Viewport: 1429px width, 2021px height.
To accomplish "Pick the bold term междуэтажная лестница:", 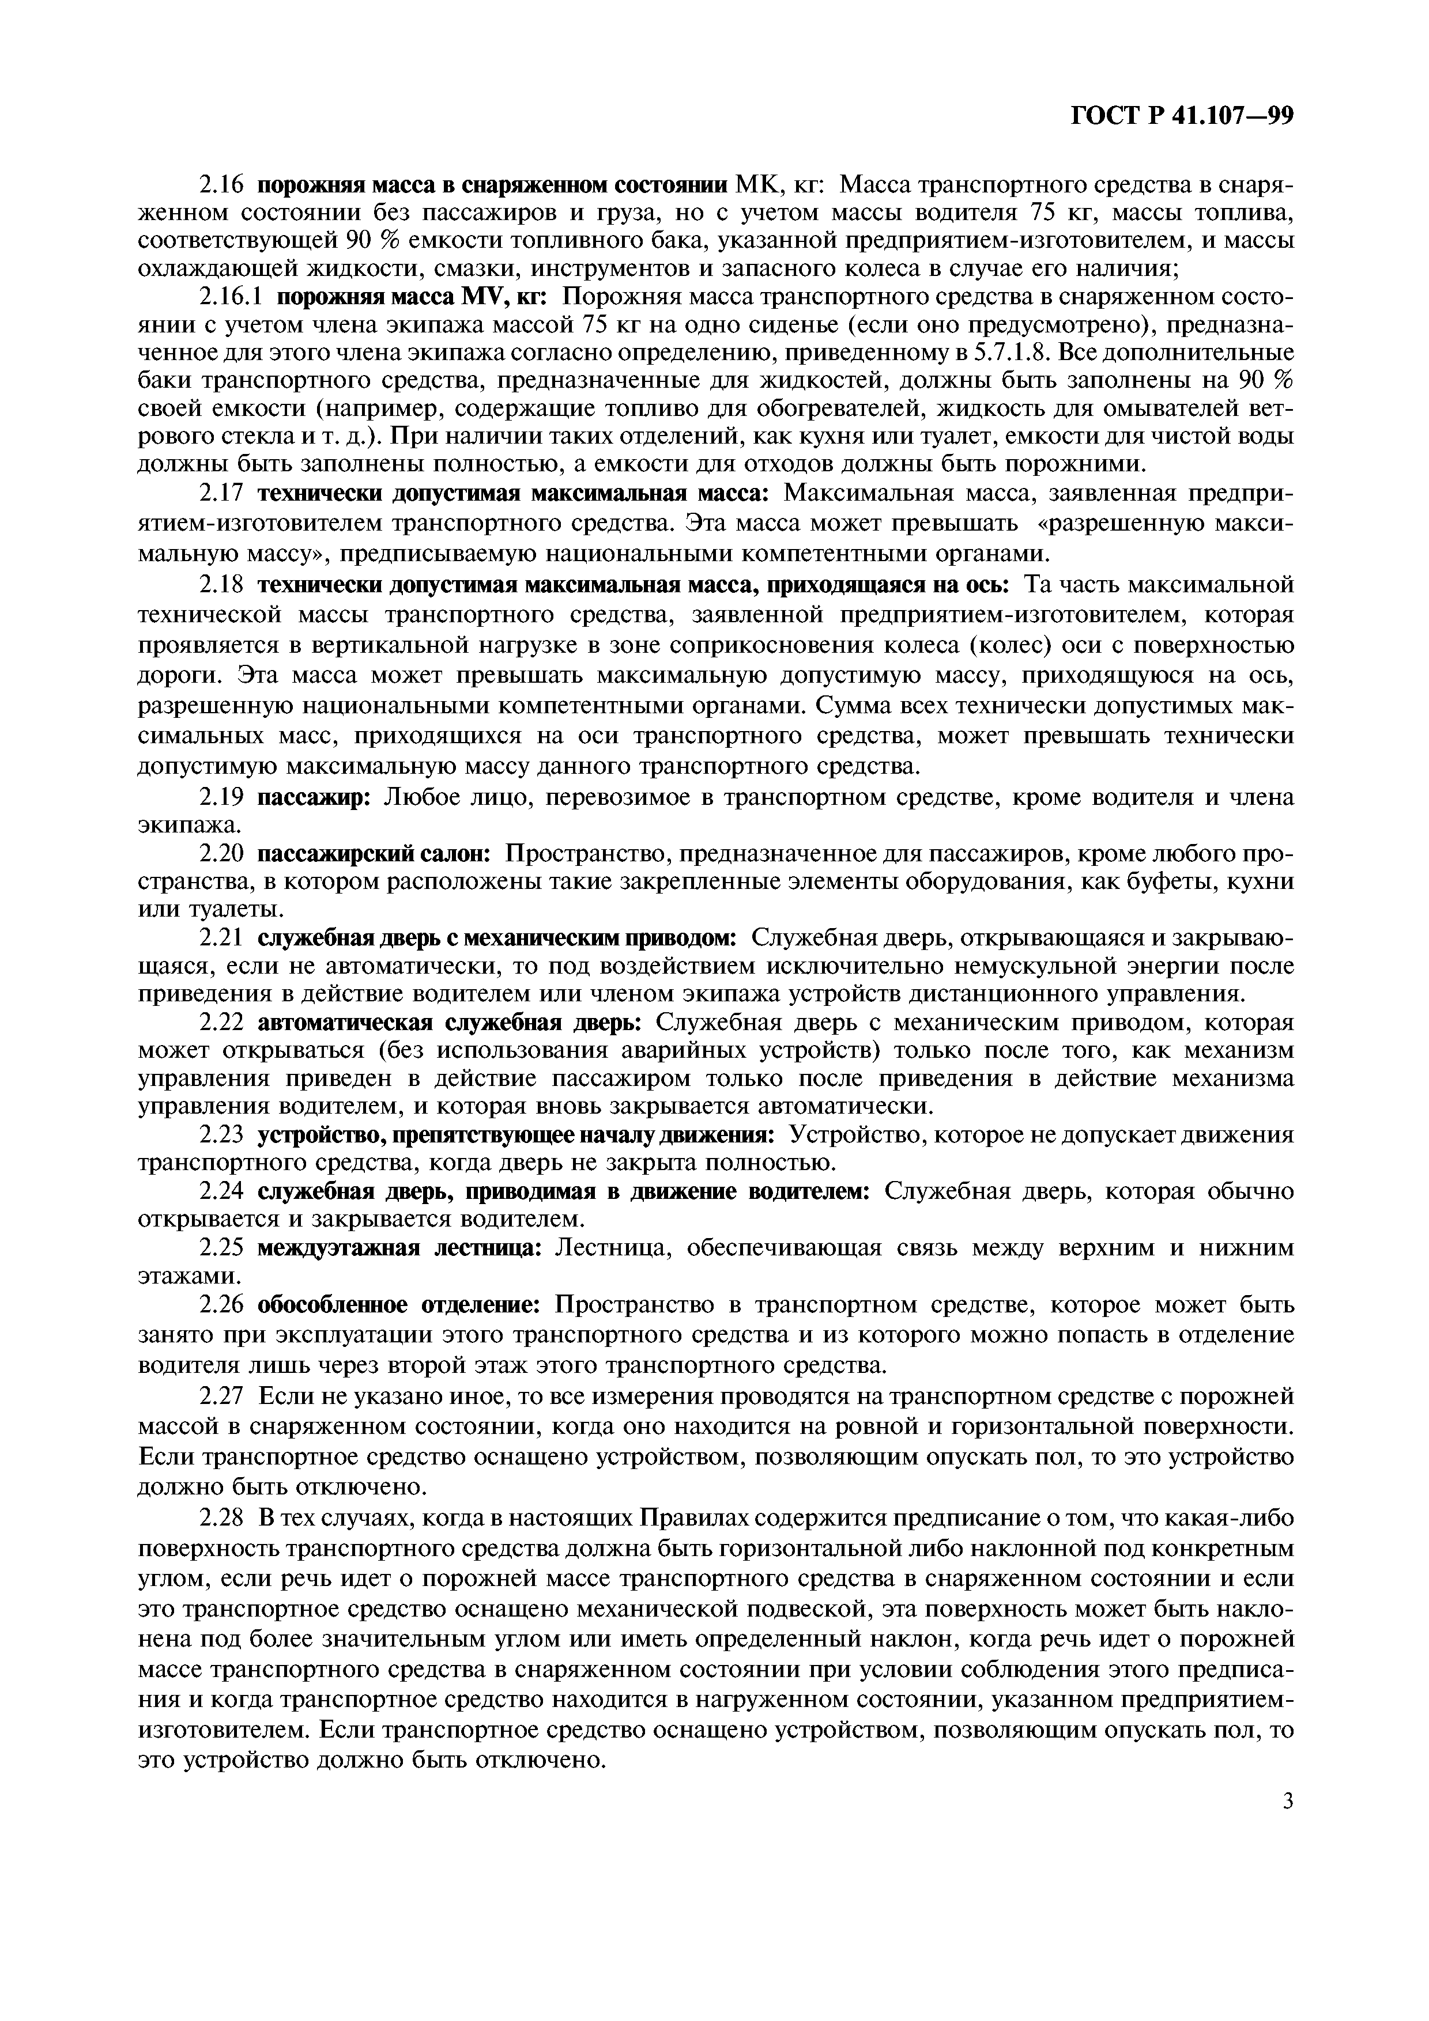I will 399,1248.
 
